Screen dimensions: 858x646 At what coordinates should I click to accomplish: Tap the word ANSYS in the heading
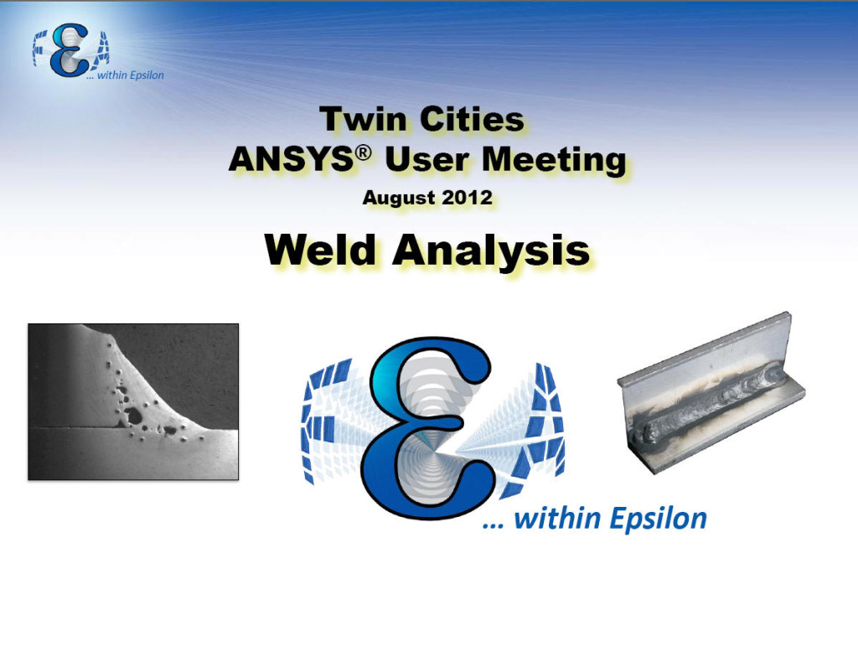click(292, 159)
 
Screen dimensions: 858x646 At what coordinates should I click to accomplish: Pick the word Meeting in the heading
click(554, 160)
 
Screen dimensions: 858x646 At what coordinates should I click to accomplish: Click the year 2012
click(467, 197)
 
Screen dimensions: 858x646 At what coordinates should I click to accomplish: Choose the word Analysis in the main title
click(491, 251)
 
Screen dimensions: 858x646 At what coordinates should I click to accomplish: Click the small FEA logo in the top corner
click(70, 50)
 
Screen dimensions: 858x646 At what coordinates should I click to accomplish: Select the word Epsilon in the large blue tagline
click(659, 519)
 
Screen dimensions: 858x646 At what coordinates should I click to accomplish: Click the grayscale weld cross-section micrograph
click(133, 401)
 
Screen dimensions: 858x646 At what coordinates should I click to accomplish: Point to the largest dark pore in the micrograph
click(132, 416)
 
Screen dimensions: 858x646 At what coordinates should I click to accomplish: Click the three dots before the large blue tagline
click(493, 525)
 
